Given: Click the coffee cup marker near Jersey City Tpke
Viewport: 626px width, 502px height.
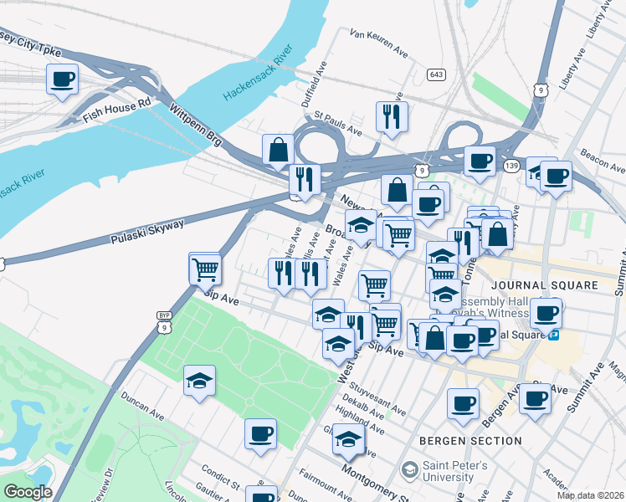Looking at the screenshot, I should (62, 80).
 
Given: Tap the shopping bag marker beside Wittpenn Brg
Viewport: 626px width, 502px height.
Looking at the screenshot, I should (278, 151).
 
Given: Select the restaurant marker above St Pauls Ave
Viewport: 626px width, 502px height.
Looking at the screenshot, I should (391, 117).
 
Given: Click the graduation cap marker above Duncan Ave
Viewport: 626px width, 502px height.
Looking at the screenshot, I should (200, 382).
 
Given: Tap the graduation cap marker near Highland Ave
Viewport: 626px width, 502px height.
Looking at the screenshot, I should (348, 438).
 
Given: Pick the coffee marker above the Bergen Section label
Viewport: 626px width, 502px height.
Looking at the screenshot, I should (463, 404).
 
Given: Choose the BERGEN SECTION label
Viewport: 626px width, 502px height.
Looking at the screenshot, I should (471, 440).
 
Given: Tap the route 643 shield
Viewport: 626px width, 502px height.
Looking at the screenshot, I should (435, 74).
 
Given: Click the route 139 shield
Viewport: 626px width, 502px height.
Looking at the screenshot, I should (511, 166).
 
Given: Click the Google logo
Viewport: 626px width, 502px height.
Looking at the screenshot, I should (27, 492).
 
